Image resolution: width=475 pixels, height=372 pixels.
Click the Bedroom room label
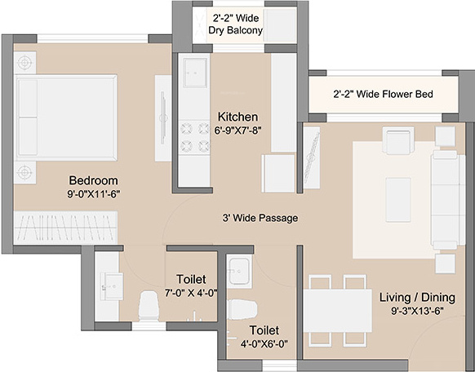click(93, 180)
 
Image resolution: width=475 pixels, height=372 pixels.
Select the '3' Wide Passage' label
click(260, 219)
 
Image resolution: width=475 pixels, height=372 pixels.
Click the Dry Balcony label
click(237, 31)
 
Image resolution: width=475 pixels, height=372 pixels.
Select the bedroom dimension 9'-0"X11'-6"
click(93, 195)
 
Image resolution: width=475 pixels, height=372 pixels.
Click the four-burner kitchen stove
click(196, 135)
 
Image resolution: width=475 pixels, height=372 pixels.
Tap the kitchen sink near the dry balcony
click(196, 73)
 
